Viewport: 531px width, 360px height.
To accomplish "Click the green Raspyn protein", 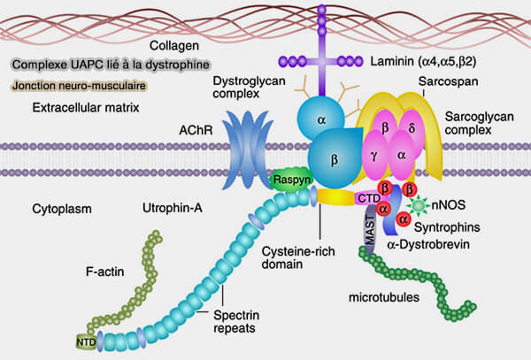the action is [x=291, y=180].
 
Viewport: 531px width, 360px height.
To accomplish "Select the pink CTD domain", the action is [x=369, y=198].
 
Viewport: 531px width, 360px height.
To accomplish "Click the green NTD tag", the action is [x=86, y=342].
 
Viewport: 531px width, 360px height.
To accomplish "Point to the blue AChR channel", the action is [x=247, y=150].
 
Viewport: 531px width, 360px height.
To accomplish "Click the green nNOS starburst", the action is [x=418, y=205].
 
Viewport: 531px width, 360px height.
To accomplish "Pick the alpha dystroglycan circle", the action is [x=320, y=119].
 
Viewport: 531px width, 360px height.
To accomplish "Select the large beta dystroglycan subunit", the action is [x=335, y=158].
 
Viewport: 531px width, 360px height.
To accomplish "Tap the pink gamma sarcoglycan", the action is [x=375, y=157].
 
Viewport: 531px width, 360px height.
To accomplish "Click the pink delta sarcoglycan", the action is [x=412, y=128].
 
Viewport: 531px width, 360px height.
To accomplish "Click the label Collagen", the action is [x=174, y=46].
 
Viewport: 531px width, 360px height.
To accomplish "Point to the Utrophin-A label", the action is [x=173, y=208].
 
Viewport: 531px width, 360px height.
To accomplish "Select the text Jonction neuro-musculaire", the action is [x=80, y=86].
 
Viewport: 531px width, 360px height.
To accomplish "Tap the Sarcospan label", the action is [x=448, y=81].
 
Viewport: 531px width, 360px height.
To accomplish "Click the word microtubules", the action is [x=384, y=297].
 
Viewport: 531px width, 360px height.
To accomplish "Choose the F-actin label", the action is [x=104, y=272].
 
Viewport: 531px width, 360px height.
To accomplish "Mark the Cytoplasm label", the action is [x=62, y=209].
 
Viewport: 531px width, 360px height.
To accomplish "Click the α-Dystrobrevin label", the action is [x=428, y=244].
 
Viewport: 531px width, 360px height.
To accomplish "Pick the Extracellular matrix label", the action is [x=86, y=108].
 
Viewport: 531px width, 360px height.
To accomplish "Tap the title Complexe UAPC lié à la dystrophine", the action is [x=111, y=65].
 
